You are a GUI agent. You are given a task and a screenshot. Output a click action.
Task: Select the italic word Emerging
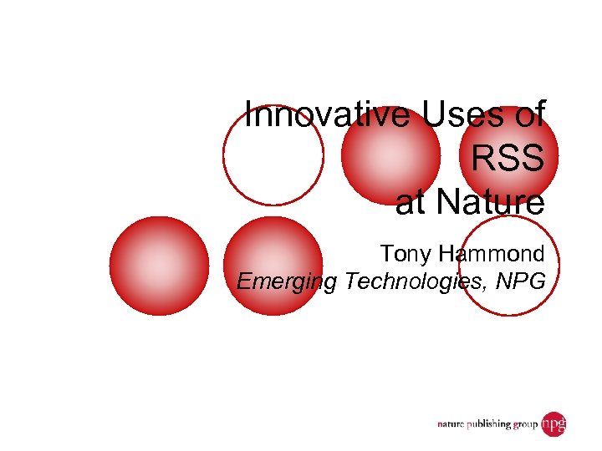pyautogui.click(x=285, y=282)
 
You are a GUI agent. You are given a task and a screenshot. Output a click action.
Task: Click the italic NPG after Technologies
pyautogui.click(x=519, y=281)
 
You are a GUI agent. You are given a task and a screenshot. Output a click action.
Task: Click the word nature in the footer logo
pyautogui.click(x=455, y=425)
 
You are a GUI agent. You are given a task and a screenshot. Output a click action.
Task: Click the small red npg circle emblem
pyautogui.click(x=554, y=424)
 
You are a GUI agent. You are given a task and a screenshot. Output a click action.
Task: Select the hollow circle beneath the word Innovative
pyautogui.click(x=273, y=155)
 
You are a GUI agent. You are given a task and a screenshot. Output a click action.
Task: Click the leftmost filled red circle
pyautogui.click(x=159, y=266)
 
